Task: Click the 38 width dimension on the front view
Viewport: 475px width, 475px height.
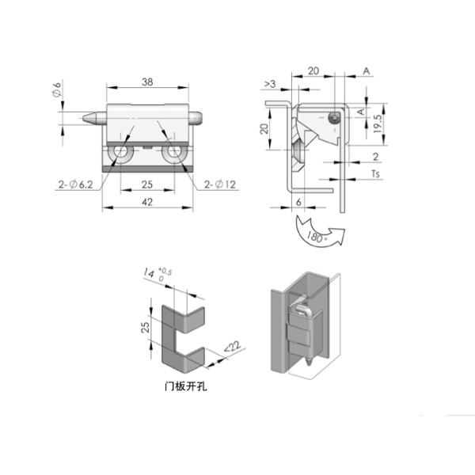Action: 146,81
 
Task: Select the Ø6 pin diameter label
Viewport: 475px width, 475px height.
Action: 56,90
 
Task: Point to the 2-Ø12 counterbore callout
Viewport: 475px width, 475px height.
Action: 220,184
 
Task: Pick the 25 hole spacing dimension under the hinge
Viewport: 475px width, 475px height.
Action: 146,184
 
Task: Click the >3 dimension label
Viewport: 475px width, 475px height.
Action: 269,83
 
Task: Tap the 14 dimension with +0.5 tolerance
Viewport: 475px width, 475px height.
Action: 148,275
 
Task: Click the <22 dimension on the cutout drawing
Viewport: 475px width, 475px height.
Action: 232,345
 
